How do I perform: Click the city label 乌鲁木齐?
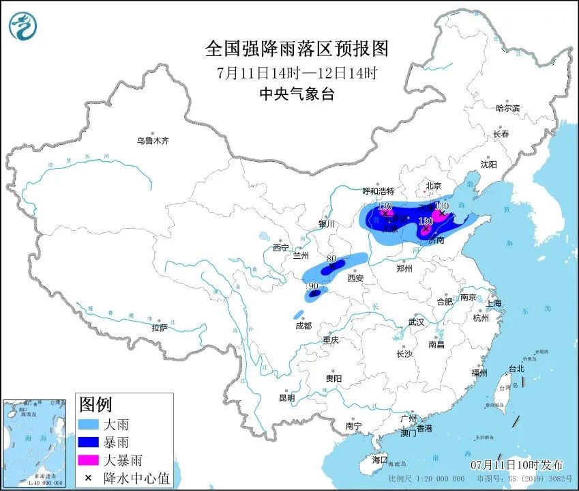click(152, 141)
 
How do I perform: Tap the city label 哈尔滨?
click(507, 108)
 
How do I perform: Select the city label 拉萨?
click(160, 328)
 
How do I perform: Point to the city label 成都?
click(303, 326)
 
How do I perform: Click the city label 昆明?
click(287, 397)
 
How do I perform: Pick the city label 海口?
click(379, 460)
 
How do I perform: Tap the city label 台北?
click(516, 369)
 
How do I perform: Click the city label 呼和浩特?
click(378, 191)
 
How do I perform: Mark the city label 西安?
click(355, 278)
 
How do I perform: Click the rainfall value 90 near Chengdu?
click(313, 286)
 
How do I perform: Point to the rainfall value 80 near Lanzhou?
click(331, 259)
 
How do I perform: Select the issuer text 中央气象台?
click(297, 95)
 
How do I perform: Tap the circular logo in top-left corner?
click(23, 26)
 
